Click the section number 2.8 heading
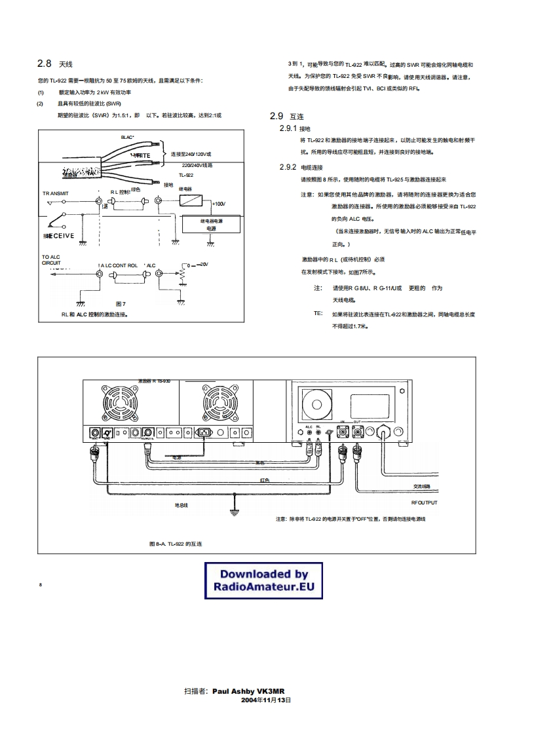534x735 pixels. click(44, 64)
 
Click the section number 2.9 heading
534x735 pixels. click(276, 116)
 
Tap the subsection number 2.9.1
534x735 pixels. click(288, 128)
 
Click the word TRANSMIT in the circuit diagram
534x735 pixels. click(56, 193)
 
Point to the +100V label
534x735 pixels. click(219, 203)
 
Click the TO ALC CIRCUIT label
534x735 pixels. click(52, 260)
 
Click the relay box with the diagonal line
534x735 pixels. click(192, 200)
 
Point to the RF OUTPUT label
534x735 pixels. click(424, 502)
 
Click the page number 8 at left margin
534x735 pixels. click(41, 584)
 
